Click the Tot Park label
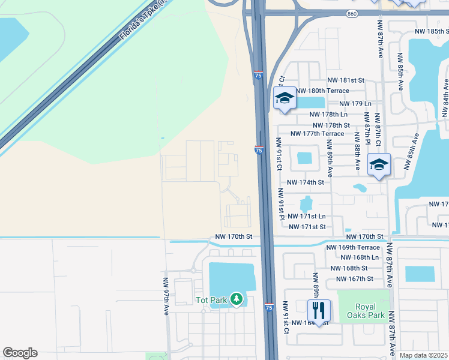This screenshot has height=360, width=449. pos(210,299)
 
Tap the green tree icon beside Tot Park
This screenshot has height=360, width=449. pos(237,298)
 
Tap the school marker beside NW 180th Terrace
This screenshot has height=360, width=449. pos(285,98)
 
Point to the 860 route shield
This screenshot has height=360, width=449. pos(353,13)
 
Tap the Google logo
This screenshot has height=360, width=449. pos(20,353)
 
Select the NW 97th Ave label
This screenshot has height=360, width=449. pos(166,296)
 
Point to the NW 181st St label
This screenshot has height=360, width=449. pos(346,80)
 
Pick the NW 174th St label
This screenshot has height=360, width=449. pos(306,182)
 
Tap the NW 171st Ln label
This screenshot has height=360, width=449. pos(307,216)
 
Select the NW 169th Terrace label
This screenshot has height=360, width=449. pos(353,247)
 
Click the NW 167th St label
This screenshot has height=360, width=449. pos(355,279)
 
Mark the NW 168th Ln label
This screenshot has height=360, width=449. pos(359,257)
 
